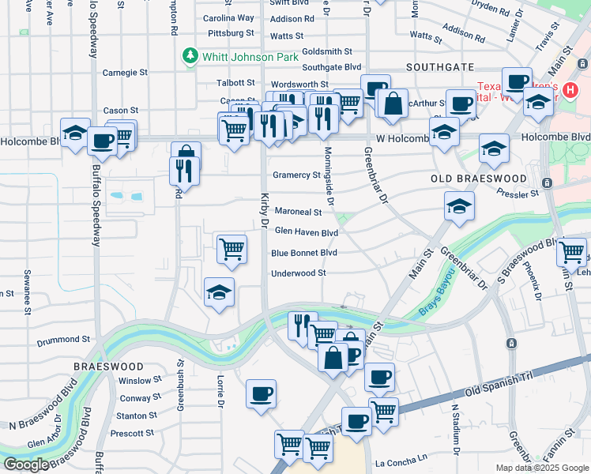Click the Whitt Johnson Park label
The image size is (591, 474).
[250, 57]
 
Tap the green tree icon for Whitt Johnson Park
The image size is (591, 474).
[190, 56]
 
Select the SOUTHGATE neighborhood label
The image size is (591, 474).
[440, 67]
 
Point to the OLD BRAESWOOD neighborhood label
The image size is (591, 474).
[478, 179]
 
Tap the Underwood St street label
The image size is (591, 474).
[298, 273]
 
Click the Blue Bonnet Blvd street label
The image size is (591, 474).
[304, 253]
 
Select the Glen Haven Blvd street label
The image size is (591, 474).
[307, 232]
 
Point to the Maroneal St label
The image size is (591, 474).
[298, 212]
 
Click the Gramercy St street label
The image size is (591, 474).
[296, 175]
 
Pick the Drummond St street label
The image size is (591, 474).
[63, 341]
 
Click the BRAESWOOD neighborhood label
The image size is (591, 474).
[108, 367]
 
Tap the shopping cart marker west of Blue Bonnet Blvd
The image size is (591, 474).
[232, 249]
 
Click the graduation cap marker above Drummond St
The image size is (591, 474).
[219, 292]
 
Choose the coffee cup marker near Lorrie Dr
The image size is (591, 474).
[261, 393]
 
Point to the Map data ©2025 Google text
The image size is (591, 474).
[541, 468]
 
